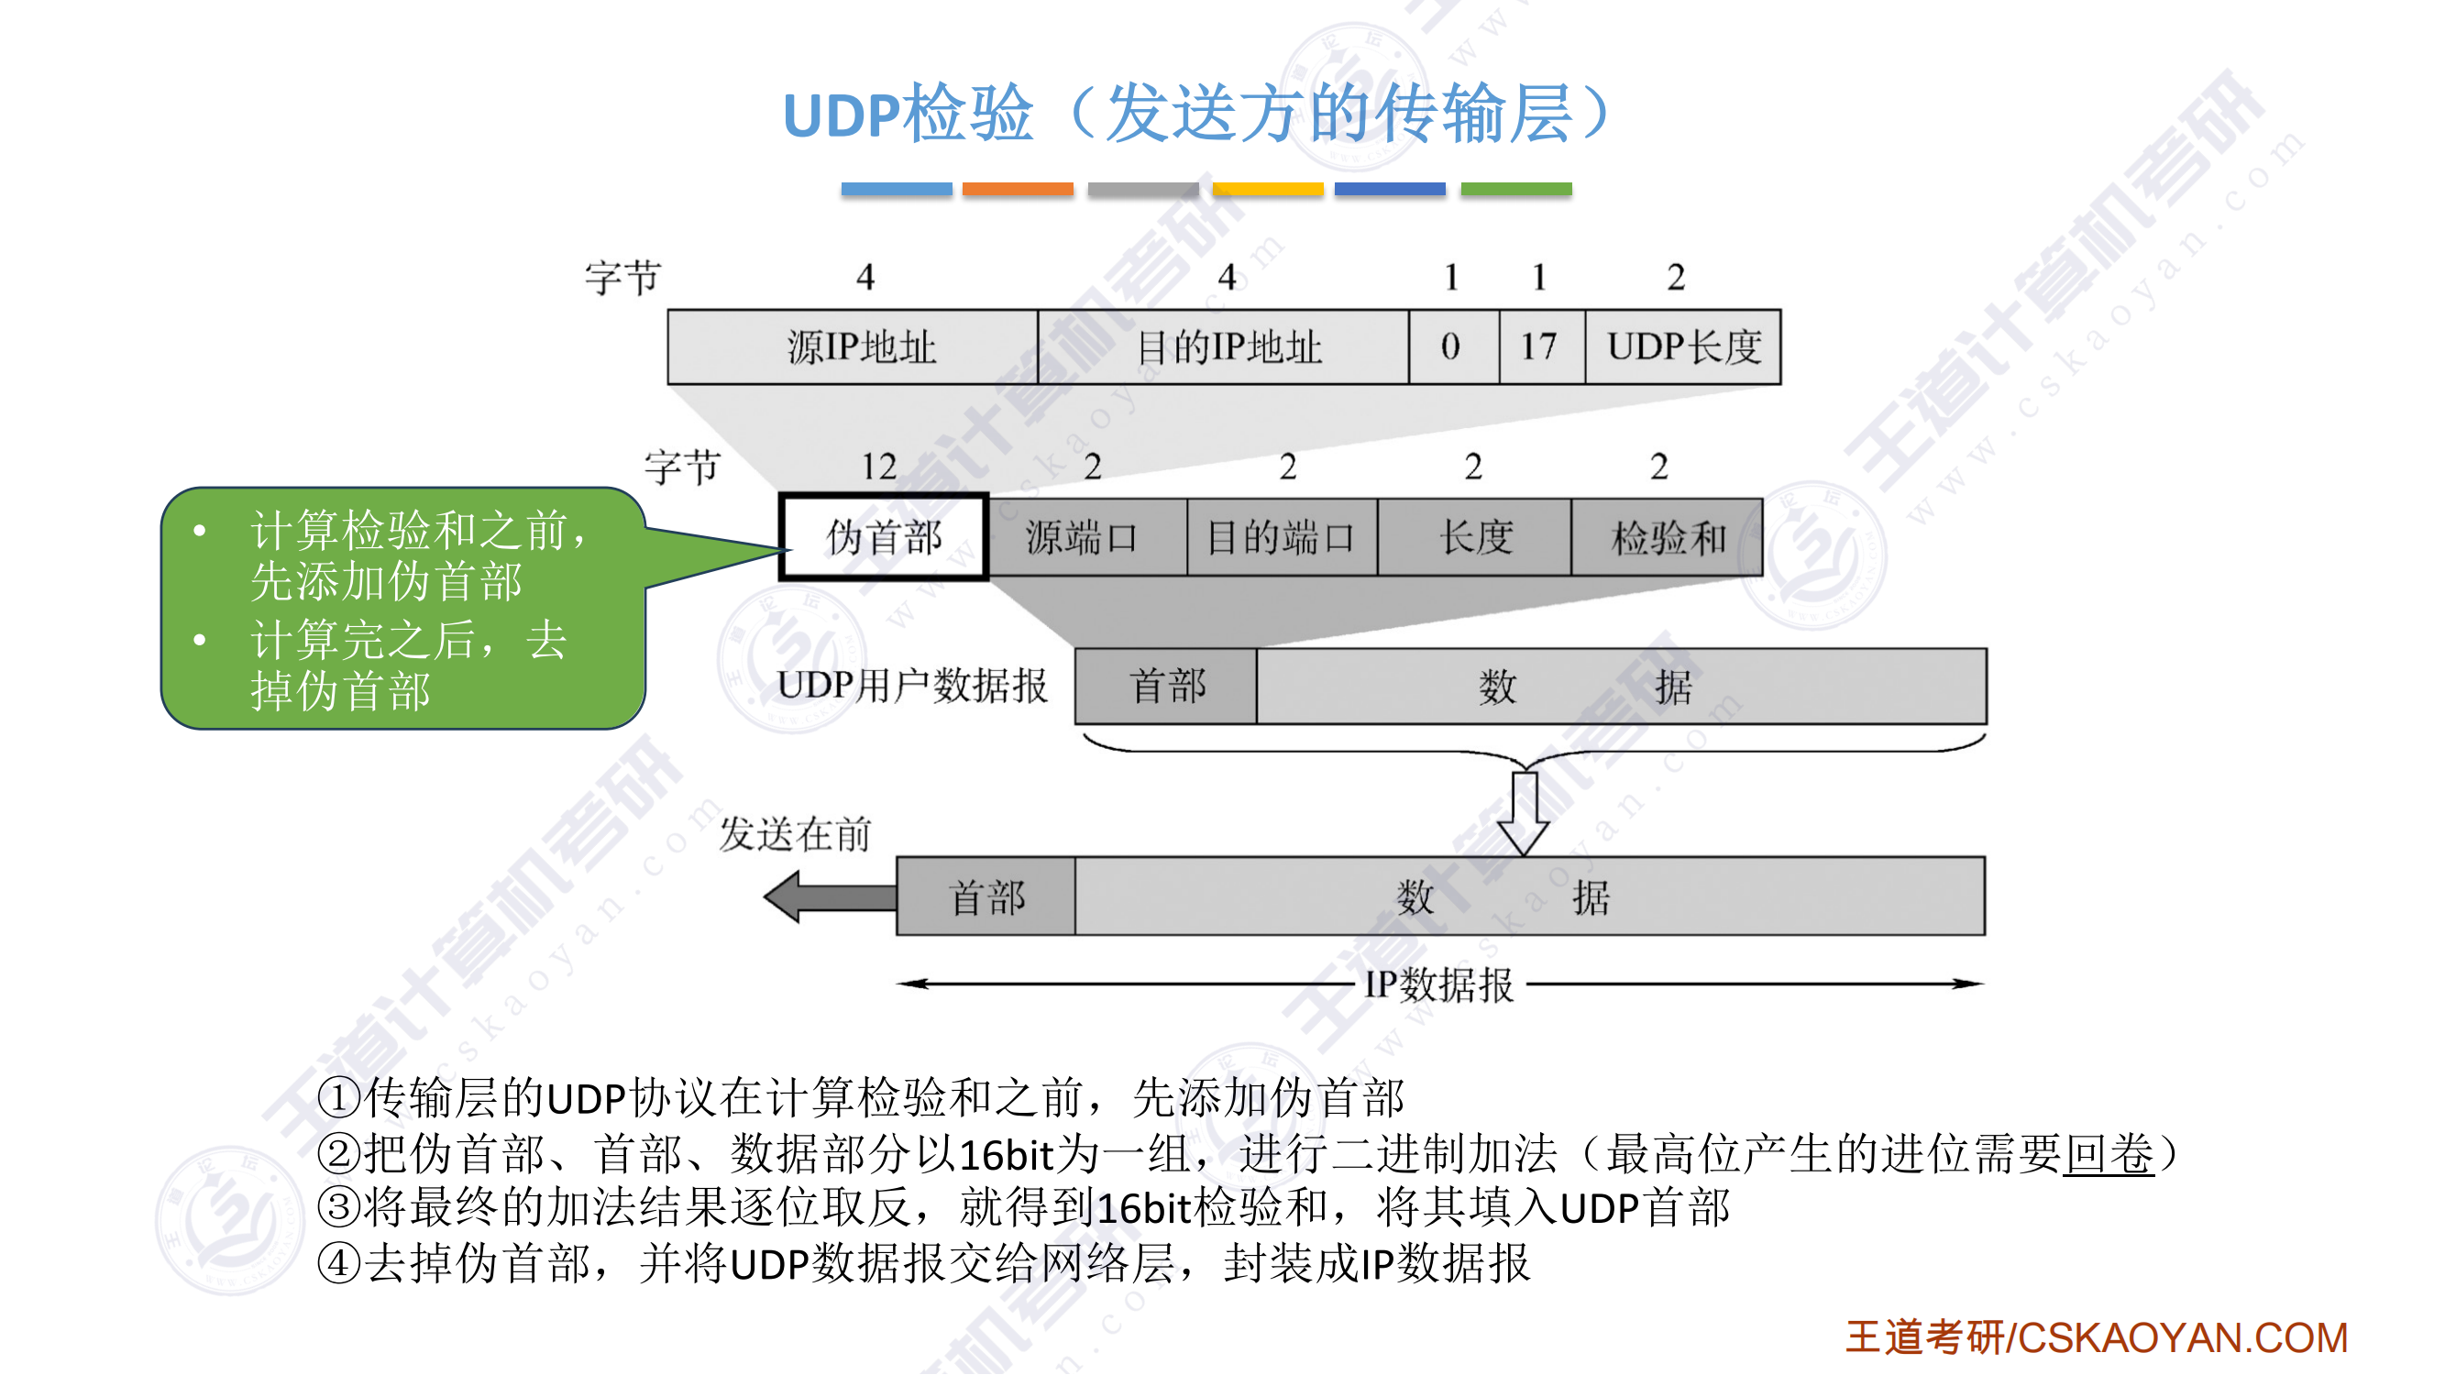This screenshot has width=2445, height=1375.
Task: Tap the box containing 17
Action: (1541, 347)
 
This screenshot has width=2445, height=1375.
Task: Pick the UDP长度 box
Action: (1682, 347)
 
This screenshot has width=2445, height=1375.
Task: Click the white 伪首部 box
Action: (884, 538)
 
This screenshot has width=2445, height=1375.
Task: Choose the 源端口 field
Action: (1086, 538)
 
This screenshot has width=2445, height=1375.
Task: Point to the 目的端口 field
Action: (1282, 538)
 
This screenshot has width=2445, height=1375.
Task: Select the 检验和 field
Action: (1667, 538)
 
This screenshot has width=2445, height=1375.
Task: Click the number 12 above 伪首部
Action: (879, 467)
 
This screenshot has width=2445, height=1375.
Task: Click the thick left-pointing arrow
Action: (829, 896)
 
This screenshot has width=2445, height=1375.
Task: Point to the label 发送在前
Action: (795, 835)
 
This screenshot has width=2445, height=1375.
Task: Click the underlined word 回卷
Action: (2108, 1154)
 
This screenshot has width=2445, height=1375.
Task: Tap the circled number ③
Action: (339, 1208)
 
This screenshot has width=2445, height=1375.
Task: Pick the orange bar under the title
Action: (1018, 189)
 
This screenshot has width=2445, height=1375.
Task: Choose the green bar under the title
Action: (1515, 189)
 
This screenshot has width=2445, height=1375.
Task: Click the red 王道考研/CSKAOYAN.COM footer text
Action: (2096, 1338)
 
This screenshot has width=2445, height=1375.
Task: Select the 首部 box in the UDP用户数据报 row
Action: (1165, 686)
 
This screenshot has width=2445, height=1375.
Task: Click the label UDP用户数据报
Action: (911, 686)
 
